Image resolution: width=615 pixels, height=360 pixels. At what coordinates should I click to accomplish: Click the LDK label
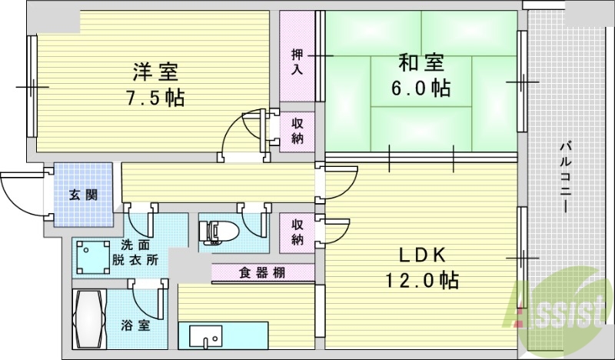coord(421,255)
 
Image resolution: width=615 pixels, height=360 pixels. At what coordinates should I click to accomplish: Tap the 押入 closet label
coord(298,62)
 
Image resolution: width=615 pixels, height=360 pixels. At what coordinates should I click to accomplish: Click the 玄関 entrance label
coord(84,195)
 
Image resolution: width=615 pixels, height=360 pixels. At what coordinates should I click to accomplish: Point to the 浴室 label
coord(135,325)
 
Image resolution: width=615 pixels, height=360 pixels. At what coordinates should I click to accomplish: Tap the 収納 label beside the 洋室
coord(298,131)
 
